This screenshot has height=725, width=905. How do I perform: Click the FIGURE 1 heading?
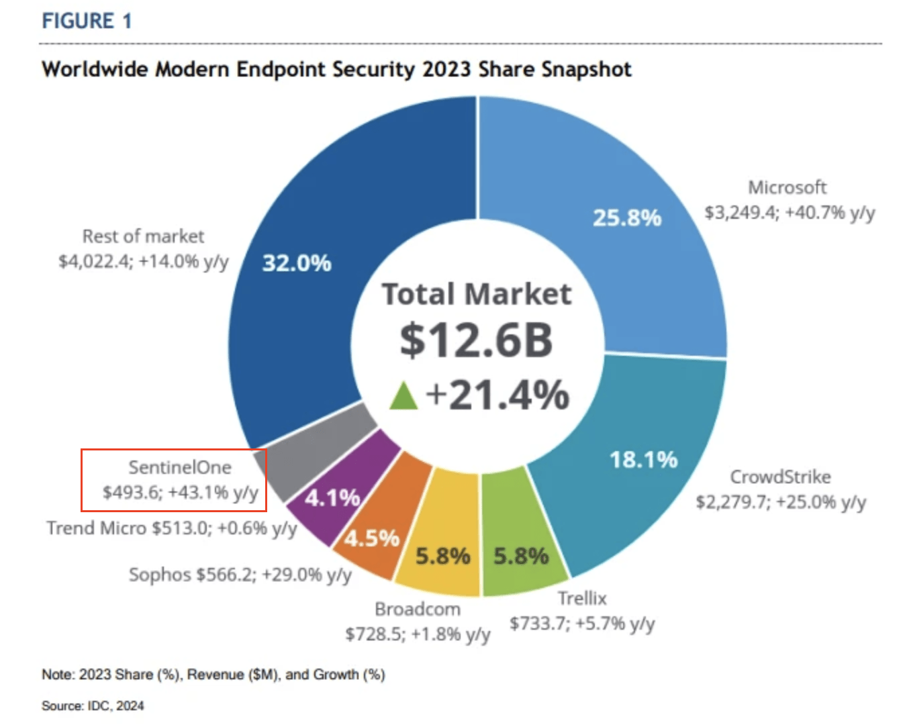pos(87,21)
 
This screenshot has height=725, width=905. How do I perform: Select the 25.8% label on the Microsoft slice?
pos(626,217)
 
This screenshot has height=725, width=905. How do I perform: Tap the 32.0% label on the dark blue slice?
pos(296,262)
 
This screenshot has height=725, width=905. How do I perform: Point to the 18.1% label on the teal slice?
pos(643,460)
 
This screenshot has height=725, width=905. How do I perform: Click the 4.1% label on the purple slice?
pos(332,497)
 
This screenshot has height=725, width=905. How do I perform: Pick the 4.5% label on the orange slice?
pos(371,538)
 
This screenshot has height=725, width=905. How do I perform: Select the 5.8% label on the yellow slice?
pos(442,556)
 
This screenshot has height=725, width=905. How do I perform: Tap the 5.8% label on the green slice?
pos(521,556)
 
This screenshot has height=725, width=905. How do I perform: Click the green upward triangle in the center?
pos(403,395)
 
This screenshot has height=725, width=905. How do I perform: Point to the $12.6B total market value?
pos(476,340)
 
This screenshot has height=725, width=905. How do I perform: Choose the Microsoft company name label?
pos(787,187)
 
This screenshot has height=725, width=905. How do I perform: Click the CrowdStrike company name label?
pos(780,477)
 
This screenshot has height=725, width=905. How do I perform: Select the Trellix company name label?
pos(581,598)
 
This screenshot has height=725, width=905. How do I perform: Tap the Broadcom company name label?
pos(417,609)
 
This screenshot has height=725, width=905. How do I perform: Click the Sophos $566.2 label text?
pos(240,575)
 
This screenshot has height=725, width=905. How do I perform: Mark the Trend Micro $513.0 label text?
pos(171,528)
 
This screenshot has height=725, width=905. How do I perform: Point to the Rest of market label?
pos(143,236)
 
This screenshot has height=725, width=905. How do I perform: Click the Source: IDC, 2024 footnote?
pos(93,706)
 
